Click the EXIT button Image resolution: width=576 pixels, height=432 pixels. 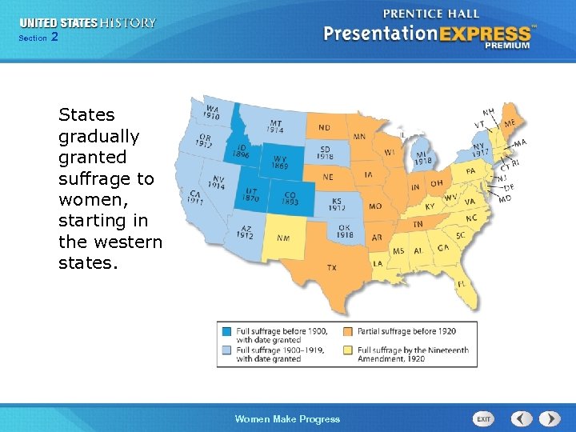click(x=484, y=418)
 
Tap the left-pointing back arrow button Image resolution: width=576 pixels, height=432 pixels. click(x=522, y=418)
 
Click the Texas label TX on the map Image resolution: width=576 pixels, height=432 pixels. click(x=331, y=267)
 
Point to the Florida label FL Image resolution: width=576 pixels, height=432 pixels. click(x=462, y=284)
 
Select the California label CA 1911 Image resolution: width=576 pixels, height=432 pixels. click(x=194, y=198)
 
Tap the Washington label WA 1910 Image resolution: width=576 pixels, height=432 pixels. click(x=212, y=112)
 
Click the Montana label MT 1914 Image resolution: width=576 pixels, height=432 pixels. click(x=275, y=126)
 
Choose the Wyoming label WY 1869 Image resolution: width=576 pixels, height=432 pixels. click(x=281, y=162)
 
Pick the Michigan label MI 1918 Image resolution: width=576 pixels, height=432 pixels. click(x=423, y=158)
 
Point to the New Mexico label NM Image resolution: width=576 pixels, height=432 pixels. click(x=283, y=238)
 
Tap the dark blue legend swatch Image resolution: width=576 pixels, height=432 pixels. click(x=227, y=331)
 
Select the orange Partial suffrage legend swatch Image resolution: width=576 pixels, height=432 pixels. click(x=348, y=331)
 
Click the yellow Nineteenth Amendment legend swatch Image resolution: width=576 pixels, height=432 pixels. click(x=348, y=350)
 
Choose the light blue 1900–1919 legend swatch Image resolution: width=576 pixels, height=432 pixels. click(x=227, y=350)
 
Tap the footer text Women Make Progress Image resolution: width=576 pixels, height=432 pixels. click(x=287, y=419)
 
